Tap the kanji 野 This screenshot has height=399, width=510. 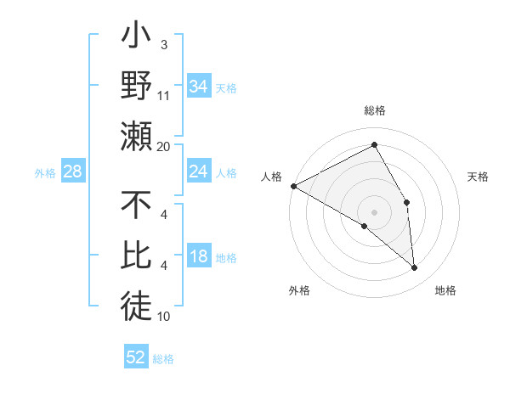click(x=136, y=87)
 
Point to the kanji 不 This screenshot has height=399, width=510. click(x=136, y=208)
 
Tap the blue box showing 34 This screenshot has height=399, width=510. click(x=198, y=87)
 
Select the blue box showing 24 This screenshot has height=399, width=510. click(x=198, y=171)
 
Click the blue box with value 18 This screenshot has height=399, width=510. click(x=198, y=257)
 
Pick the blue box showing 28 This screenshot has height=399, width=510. click(x=73, y=172)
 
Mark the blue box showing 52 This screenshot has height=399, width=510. click(x=136, y=357)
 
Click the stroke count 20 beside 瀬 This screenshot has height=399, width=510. click(x=164, y=146)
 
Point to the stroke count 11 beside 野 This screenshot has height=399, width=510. click(x=164, y=95)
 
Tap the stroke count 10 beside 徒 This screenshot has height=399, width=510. click(x=164, y=317)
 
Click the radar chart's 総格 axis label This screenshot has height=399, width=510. click(x=374, y=110)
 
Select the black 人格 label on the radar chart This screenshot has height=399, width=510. click(x=271, y=177)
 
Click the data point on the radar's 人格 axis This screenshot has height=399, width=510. click(x=293, y=185)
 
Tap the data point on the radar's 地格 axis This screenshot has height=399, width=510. click(x=414, y=268)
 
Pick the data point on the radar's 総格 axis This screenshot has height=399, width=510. click(x=374, y=144)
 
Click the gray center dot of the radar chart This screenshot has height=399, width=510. click(x=374, y=211)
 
